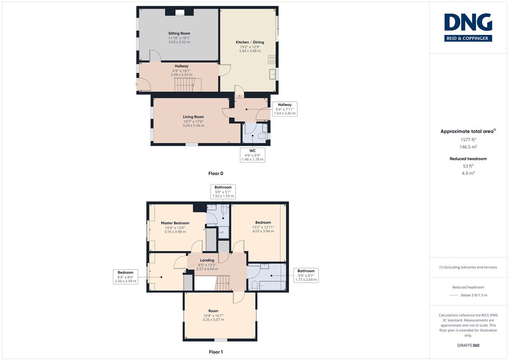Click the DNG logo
click(468, 27)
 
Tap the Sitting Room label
click(179, 33)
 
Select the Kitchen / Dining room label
click(250, 42)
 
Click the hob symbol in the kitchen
click(272, 59)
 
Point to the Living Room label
click(194, 117)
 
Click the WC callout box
click(253, 155)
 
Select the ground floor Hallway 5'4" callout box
click(285, 109)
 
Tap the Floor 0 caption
click(216, 173)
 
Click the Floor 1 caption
click(216, 352)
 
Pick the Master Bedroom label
click(175, 223)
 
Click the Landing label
click(207, 260)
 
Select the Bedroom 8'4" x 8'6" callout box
click(126, 277)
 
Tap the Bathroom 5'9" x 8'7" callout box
click(306, 275)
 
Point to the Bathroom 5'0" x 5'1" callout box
click(223, 191)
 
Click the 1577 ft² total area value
click(468, 139)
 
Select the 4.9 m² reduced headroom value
click(468, 173)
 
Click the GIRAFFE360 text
click(468, 346)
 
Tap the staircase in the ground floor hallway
click(185, 85)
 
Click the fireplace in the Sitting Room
click(180, 13)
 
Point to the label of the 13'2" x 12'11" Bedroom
click(263, 223)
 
